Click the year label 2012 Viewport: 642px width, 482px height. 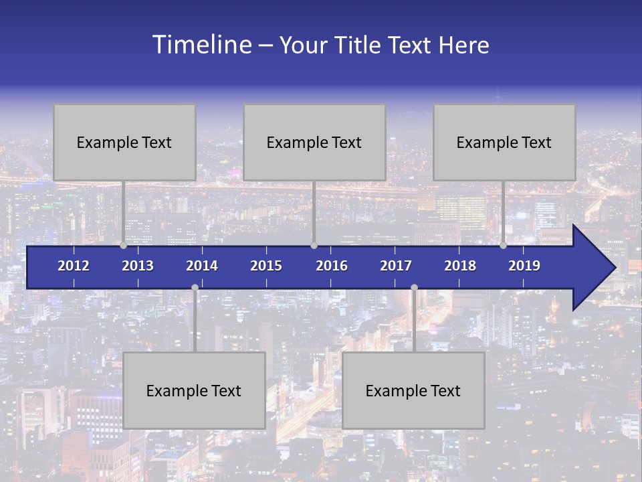click(x=74, y=266)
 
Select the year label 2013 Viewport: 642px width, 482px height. click(x=138, y=266)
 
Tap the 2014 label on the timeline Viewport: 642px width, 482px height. click(x=202, y=266)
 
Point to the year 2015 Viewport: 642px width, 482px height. click(x=266, y=266)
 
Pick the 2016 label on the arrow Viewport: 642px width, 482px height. click(x=332, y=266)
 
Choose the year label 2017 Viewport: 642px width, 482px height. click(x=396, y=266)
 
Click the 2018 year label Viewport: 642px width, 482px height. click(x=460, y=266)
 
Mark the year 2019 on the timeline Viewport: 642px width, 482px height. click(x=524, y=266)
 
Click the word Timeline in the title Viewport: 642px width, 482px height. click(x=201, y=45)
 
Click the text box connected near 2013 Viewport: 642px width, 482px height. click(x=124, y=142)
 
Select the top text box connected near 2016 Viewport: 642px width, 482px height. click(x=314, y=142)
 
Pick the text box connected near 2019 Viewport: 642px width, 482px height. click(x=504, y=142)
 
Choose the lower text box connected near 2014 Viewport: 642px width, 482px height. click(x=194, y=390)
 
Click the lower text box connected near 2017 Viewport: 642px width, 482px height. click(x=413, y=390)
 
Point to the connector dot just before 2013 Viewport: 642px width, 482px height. click(x=123, y=246)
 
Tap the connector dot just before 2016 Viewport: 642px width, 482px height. click(x=314, y=246)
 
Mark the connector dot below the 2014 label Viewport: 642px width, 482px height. click(x=195, y=287)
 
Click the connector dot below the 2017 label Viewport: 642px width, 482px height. click(x=414, y=287)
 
